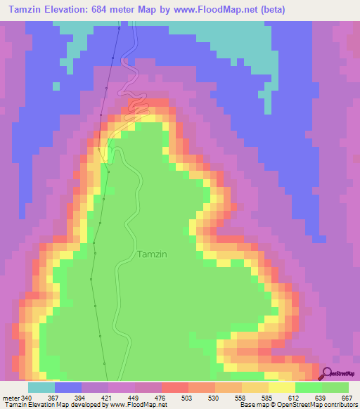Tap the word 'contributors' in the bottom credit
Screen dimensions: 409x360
(x=340, y=404)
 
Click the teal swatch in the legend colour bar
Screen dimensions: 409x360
(x=41, y=388)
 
